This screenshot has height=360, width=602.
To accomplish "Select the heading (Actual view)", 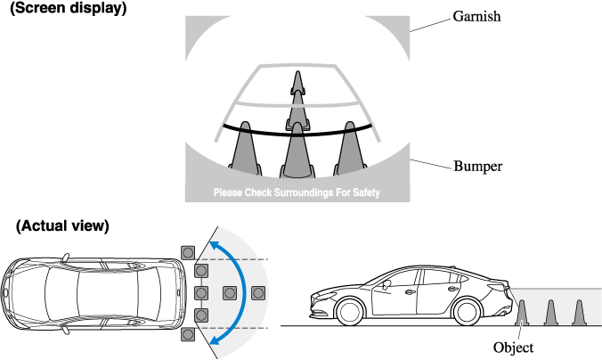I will [62, 226].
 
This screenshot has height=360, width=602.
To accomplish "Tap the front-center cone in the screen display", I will [296, 151].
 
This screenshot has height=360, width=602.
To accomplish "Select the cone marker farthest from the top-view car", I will [259, 292].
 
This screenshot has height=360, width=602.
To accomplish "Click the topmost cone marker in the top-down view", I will [187, 252].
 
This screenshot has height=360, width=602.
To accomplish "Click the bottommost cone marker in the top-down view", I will [187, 334].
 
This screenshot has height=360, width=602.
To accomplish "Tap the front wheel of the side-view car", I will [349, 312].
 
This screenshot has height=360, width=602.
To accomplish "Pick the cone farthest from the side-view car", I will [580, 314].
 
